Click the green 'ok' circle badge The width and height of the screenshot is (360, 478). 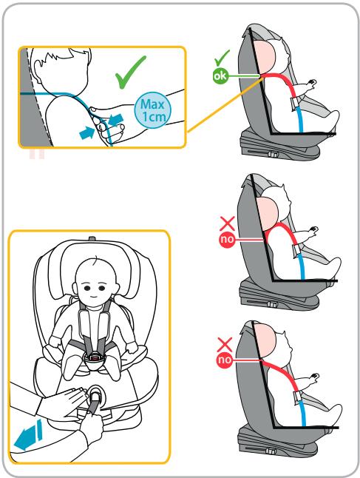pos(220,76)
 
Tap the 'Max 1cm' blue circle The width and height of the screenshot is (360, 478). pos(152,110)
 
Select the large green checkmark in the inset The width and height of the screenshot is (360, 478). pos(130,73)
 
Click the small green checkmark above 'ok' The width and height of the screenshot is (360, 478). pos(222,58)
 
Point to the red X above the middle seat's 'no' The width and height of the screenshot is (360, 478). pos(227,223)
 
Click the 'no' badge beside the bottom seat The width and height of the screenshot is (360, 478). pos(224,360)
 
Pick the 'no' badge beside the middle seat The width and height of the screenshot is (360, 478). pos(227,240)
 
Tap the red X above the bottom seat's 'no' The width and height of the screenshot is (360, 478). pos(225,345)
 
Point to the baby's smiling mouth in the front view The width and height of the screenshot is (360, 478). pos(95,296)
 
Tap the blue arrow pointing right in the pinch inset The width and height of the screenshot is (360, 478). pos(87,133)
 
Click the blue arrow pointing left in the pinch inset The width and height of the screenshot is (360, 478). pos(116,120)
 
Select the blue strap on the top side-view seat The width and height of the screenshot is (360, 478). pos(299,120)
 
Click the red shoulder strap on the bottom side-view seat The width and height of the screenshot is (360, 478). pos(279,375)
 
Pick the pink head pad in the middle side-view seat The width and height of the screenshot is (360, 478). pos(268,214)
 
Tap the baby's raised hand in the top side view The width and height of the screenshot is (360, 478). pos(311,83)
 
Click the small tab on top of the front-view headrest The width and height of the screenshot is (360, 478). pos(92,238)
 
